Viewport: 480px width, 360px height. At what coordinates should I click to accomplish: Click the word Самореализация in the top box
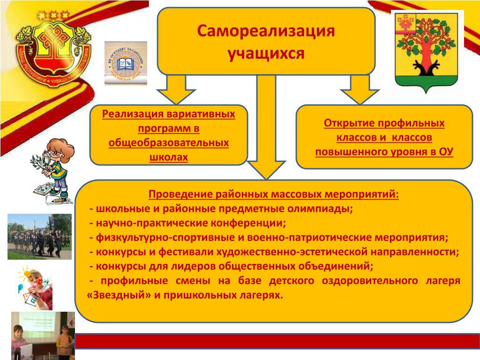(266, 32)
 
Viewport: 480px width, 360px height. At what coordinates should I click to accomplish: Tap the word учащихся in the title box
(266, 53)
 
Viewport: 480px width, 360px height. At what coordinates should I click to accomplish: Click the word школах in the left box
(169, 157)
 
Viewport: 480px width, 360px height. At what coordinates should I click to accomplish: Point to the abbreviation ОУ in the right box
(446, 152)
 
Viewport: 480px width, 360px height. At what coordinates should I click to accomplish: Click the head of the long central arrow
(266, 169)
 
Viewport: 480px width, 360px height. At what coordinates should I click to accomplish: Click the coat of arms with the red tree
(427, 52)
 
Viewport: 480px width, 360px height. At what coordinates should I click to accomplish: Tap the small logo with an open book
(126, 63)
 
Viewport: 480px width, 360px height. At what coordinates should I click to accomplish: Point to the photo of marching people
(39, 236)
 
